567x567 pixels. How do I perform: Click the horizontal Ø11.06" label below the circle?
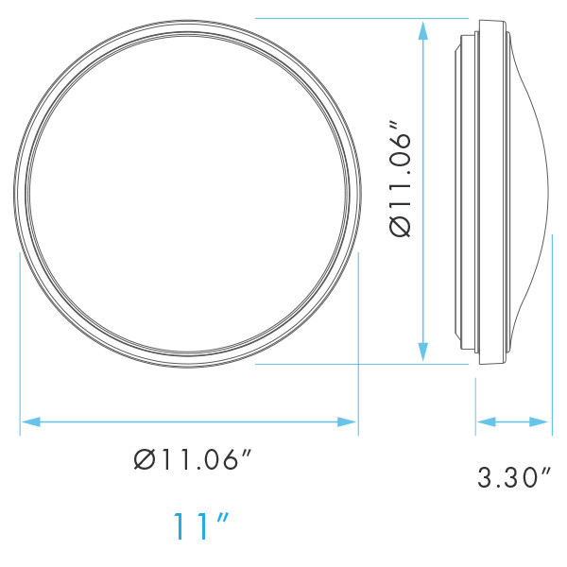193,462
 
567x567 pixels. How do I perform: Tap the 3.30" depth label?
513,477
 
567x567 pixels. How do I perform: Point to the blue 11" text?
202,525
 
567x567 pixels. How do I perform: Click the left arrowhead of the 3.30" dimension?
482,421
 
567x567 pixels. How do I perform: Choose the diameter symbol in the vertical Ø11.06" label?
400,227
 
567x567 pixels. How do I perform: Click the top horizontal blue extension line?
359,18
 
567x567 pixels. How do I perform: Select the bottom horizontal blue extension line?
359,364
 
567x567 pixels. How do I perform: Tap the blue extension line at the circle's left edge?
20,340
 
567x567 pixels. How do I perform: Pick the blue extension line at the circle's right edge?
357,340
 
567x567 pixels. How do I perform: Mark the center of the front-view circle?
189,190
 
